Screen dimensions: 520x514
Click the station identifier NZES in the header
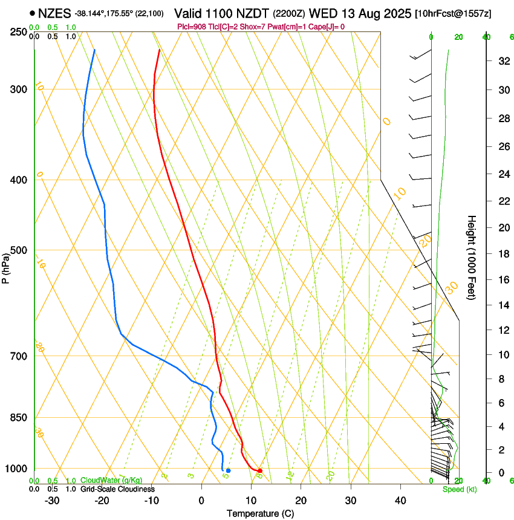click(x=54, y=13)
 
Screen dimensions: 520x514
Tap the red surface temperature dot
click(x=259, y=470)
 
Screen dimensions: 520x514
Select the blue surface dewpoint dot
click(x=228, y=470)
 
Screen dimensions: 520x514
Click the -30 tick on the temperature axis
click(x=52, y=501)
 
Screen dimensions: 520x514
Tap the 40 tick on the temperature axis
click(x=400, y=501)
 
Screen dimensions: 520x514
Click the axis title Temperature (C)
click(x=260, y=513)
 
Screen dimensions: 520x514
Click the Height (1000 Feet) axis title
click(x=472, y=258)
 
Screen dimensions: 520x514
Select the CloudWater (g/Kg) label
click(x=111, y=481)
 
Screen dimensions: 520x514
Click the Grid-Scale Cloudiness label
click(x=117, y=489)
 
